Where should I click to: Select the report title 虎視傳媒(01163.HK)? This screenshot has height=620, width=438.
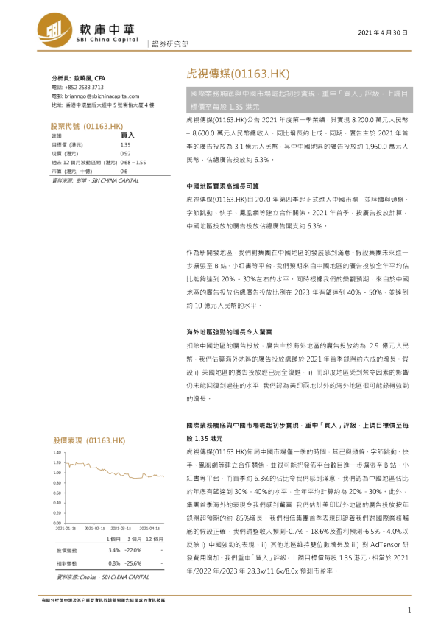pos(233,74)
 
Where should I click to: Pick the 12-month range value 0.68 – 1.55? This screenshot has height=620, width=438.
pos(133,161)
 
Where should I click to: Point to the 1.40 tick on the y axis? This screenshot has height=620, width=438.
pos(57,451)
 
